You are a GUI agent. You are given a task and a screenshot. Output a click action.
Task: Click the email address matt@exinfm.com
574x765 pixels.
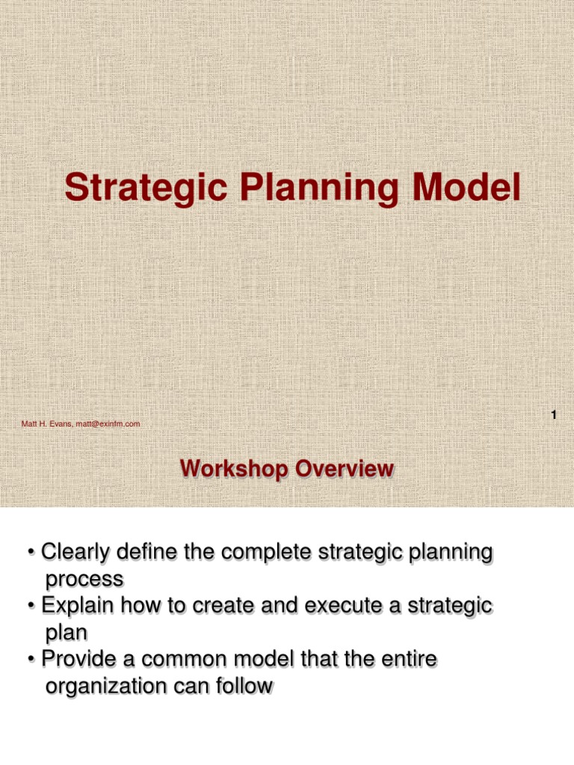pos(107,424)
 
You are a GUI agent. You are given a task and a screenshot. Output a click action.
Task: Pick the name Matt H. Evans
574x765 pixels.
pos(47,424)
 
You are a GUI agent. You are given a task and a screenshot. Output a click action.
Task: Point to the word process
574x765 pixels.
pos(84,579)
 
